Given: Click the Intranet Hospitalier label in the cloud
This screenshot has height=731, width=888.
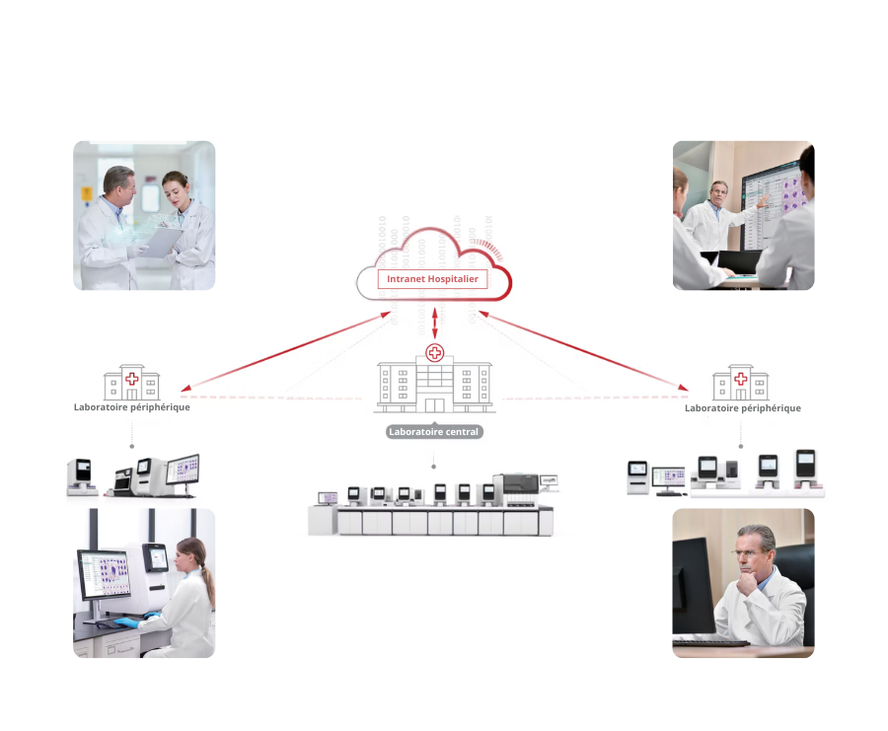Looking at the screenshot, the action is pos(433,278).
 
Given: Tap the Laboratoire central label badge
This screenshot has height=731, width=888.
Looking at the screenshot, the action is pos(434,431).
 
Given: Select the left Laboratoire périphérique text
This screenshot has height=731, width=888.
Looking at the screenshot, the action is pos(132,407).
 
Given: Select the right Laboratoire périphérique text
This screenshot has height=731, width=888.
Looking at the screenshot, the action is pos(742,408).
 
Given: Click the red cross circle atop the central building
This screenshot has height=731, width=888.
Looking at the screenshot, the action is pos(434,353).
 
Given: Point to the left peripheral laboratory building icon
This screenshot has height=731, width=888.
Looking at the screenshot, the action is pos(132,382).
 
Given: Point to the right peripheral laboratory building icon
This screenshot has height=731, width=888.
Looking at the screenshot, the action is pos(741,382).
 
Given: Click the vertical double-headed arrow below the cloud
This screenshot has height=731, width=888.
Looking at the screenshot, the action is pos(435,324).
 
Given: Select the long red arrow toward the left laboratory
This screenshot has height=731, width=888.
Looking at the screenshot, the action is pos(286,351).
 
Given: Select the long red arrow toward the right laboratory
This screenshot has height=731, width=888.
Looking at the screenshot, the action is pos(583,350).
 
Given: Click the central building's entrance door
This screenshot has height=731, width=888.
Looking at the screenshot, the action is pos(434,404).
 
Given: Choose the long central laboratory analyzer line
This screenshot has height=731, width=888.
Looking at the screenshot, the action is pos(431,504).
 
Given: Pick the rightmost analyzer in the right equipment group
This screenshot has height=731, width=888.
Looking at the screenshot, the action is pos(805,469).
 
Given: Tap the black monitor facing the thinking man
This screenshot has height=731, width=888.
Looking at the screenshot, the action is pos(693,585).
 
